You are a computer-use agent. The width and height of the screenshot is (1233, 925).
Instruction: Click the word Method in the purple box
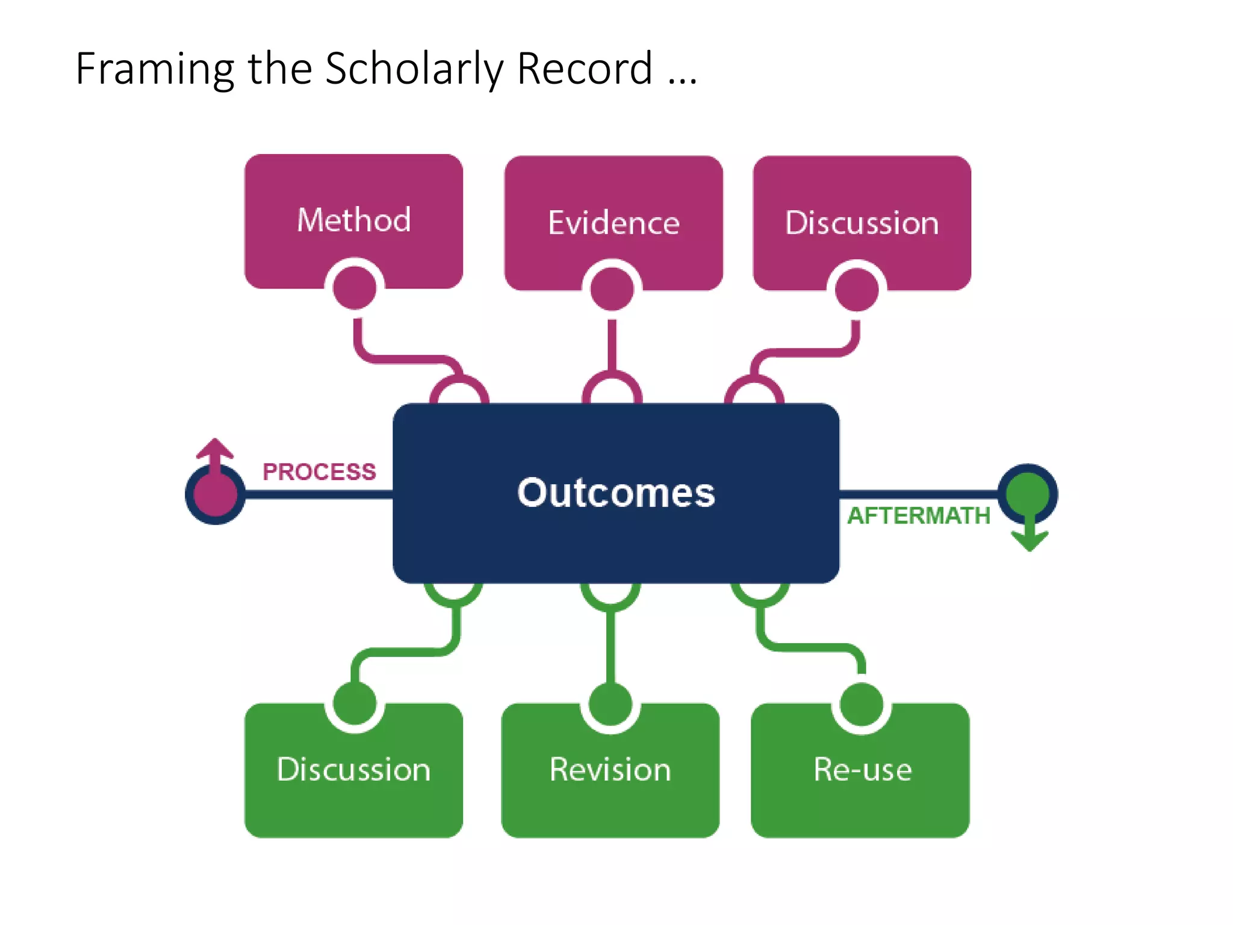pyautogui.click(x=354, y=220)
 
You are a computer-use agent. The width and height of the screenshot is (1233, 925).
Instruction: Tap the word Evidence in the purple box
pyautogui.click(x=613, y=223)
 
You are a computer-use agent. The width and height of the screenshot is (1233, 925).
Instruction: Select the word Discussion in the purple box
pyautogui.click(x=862, y=223)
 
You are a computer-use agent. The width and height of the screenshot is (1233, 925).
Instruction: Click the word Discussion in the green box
pyautogui.click(x=353, y=770)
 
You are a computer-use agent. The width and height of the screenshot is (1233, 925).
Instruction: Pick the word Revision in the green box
pyautogui.click(x=610, y=770)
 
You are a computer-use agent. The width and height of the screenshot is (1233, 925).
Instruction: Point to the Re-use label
pyautogui.click(x=862, y=770)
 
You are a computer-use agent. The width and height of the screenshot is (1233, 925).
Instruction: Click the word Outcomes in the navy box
pyautogui.click(x=616, y=493)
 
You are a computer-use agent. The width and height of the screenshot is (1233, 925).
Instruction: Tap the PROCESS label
pyautogui.click(x=319, y=472)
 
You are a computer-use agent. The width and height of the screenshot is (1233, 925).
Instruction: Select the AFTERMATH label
pyautogui.click(x=918, y=515)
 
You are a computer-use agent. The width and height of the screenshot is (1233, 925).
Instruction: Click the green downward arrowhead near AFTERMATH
pyautogui.click(x=1030, y=540)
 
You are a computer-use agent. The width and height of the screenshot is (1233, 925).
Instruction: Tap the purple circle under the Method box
pyautogui.click(x=355, y=287)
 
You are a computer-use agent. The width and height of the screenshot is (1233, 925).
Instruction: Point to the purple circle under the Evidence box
pyautogui.click(x=612, y=288)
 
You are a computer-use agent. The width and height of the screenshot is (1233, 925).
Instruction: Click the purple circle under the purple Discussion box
pyautogui.click(x=857, y=289)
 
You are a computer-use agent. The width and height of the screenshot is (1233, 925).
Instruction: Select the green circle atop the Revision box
pyautogui.click(x=610, y=703)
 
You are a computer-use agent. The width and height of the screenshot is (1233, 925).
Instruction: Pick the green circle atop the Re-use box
pyautogui.click(x=862, y=704)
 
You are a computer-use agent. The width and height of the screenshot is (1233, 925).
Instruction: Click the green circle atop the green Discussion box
pyautogui.click(x=355, y=703)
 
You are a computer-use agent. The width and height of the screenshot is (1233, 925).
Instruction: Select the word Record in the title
pyautogui.click(x=585, y=69)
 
